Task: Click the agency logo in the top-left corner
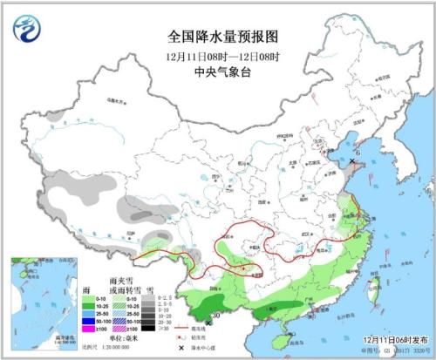[26, 29]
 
